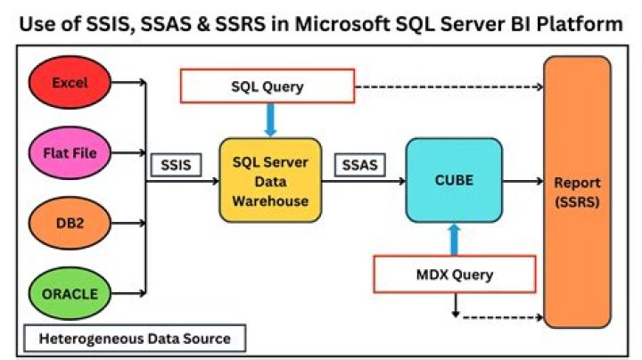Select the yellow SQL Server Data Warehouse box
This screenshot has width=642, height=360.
pyautogui.click(x=269, y=181)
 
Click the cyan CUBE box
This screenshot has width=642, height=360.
pyautogui.click(x=454, y=180)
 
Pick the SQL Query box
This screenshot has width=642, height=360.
pyautogui.click(x=267, y=86)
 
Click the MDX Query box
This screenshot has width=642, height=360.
pyautogui.click(x=453, y=274)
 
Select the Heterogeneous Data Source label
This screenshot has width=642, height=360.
pyautogui.click(x=134, y=339)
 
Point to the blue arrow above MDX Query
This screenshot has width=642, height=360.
pyautogui.click(x=454, y=239)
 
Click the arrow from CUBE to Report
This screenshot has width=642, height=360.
pyautogui.click(x=523, y=181)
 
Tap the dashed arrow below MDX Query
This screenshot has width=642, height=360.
pyautogui.click(x=499, y=316)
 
